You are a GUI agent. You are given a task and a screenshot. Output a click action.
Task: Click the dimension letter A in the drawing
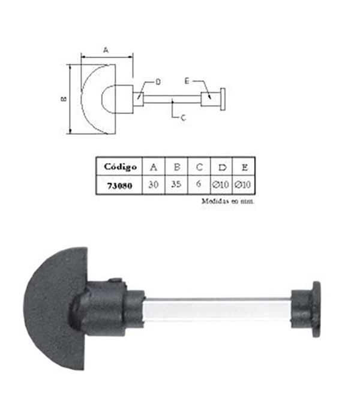(106, 52)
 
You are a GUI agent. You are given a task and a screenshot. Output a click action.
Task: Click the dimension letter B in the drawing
(64, 99)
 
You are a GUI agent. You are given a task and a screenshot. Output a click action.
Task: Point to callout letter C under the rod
(183, 118)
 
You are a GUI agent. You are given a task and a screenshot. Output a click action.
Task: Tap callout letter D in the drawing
(158, 81)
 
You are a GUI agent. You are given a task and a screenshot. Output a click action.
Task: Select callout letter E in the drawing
(187, 81)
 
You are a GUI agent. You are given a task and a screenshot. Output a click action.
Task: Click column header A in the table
(154, 167)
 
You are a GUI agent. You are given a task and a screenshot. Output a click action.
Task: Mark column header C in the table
(198, 167)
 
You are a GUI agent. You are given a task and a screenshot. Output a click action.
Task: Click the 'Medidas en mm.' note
(228, 202)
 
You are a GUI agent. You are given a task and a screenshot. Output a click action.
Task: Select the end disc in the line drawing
(223, 99)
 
